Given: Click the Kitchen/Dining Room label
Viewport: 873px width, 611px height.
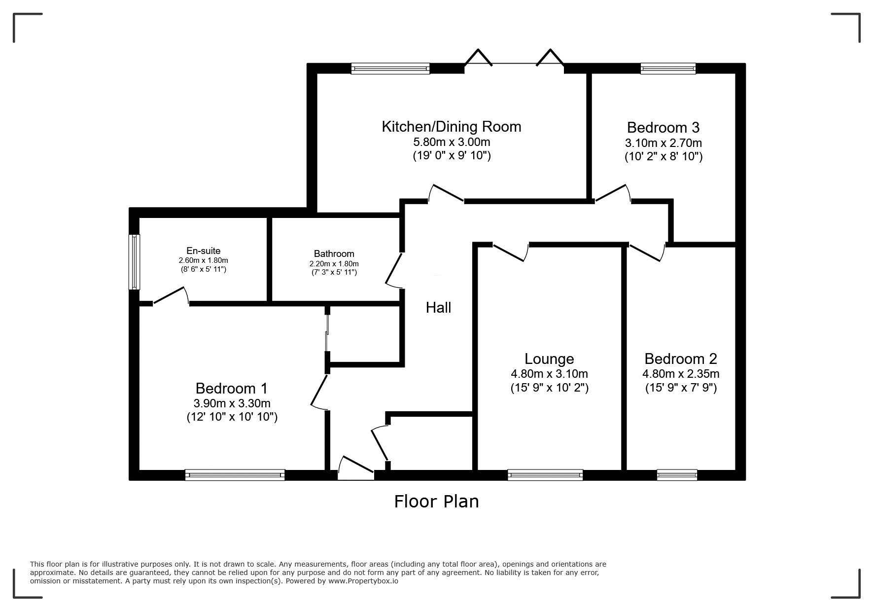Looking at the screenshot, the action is pyautogui.click(x=451, y=127).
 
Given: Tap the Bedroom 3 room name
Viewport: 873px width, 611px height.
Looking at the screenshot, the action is pyautogui.click(x=663, y=128).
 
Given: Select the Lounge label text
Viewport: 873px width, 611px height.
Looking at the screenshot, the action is pyautogui.click(x=549, y=359).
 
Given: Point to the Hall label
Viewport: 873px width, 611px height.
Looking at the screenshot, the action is pyautogui.click(x=438, y=308).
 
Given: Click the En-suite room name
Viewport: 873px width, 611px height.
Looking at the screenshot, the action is pyautogui.click(x=203, y=251).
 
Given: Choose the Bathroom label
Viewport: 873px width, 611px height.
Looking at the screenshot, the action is pyautogui.click(x=334, y=254).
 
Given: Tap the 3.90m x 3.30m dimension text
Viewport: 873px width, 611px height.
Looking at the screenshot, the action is pyautogui.click(x=232, y=403).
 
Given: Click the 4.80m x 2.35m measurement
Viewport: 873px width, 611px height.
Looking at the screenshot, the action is pyautogui.click(x=681, y=374).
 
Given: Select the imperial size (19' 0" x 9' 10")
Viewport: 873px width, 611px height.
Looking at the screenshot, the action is pyautogui.click(x=452, y=156).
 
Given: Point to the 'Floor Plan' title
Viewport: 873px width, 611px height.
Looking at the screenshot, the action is pyautogui.click(x=436, y=502).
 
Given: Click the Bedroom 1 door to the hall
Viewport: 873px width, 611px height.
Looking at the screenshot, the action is pyautogui.click(x=320, y=392).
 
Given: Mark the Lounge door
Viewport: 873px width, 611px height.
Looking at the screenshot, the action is pyautogui.click(x=511, y=251).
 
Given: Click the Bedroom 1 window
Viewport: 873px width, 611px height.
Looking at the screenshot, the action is pyautogui.click(x=235, y=475).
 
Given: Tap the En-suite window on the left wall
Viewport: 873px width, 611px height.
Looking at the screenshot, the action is pyautogui.click(x=134, y=262).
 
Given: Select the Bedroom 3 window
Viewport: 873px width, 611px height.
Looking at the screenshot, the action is pyautogui.click(x=668, y=69).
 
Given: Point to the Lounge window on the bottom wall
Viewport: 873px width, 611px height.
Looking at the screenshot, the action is pyautogui.click(x=545, y=475).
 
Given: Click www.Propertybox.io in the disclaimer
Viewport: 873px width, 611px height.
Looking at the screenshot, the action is pyautogui.click(x=363, y=581).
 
